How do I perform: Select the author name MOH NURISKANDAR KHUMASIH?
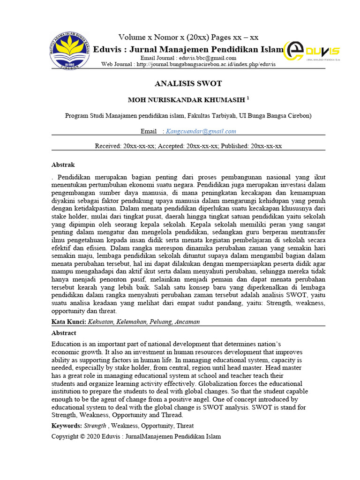point(186,100)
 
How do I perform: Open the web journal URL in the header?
point(206,64)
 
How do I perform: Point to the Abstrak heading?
point(62,165)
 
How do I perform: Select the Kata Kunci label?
point(67,322)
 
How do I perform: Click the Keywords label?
point(67,426)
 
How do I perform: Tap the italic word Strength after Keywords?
point(95,426)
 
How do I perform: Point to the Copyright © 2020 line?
point(135,436)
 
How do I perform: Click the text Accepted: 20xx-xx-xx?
point(188,146)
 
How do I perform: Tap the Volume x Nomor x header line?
point(188,37)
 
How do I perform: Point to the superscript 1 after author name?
point(248,98)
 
